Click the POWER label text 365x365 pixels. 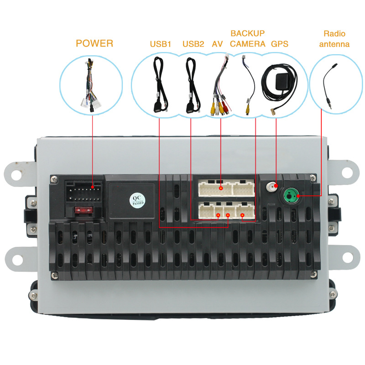[94, 44]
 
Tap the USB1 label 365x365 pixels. [160, 44]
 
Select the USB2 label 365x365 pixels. [193, 44]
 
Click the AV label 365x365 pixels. [217, 44]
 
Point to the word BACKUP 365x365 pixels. [247, 34]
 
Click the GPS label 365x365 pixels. [279, 44]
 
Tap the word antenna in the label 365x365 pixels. [334, 44]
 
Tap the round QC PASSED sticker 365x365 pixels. [136, 199]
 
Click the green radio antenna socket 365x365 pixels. [291, 197]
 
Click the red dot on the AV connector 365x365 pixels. [220, 187]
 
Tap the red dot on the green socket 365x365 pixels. [298, 197]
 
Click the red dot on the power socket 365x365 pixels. [93, 187]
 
